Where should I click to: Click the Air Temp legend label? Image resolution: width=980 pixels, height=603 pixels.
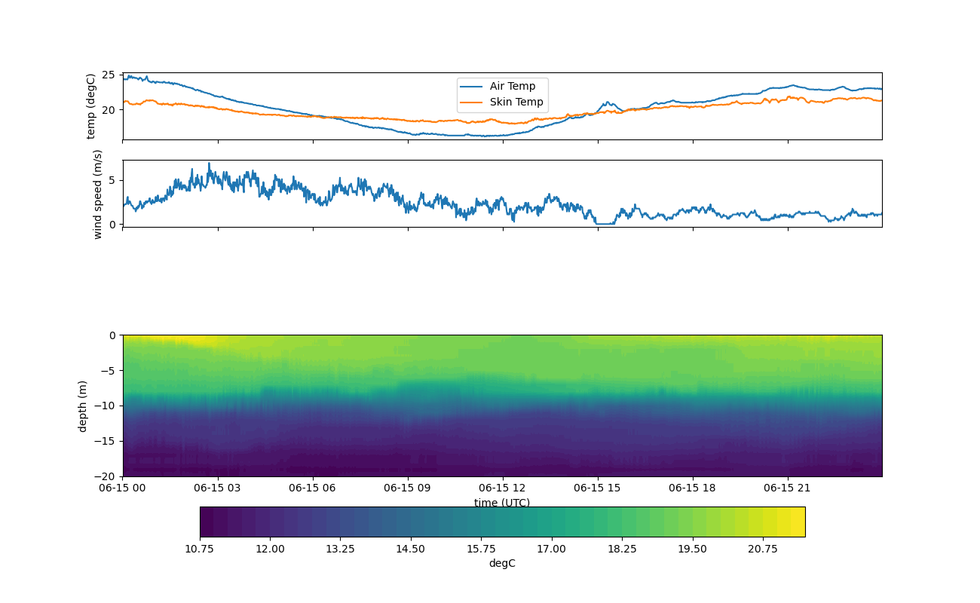tap(513, 86)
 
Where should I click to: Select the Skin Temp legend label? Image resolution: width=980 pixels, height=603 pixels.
tap(516, 102)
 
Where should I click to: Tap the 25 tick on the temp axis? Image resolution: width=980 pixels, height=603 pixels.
tap(108, 75)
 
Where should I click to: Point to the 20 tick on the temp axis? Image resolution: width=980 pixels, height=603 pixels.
tap(108, 109)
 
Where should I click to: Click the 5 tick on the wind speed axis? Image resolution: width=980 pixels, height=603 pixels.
tap(112, 179)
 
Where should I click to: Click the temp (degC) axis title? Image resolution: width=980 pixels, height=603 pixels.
tap(91, 106)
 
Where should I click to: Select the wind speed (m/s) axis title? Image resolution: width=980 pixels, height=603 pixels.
tap(97, 194)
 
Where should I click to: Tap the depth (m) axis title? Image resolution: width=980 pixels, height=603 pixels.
tap(82, 406)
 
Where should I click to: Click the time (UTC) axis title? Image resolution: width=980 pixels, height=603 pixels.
tap(502, 503)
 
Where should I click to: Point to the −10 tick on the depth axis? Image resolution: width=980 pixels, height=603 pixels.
tap(105, 406)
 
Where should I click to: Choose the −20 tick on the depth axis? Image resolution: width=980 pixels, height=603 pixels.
tap(105, 476)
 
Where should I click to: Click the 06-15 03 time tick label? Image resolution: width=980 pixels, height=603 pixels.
tap(218, 488)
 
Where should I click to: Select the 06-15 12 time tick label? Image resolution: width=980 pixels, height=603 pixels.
tap(503, 488)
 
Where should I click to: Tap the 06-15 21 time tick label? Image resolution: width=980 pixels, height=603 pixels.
tap(788, 488)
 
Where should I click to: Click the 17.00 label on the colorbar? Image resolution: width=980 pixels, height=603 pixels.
tap(552, 549)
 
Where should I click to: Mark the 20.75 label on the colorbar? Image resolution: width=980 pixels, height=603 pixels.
tap(763, 549)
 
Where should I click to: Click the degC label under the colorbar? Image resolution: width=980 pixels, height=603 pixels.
tap(502, 563)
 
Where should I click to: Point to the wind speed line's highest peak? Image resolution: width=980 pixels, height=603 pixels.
tap(209, 163)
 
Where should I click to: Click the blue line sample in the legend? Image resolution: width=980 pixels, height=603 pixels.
tap(471, 86)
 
